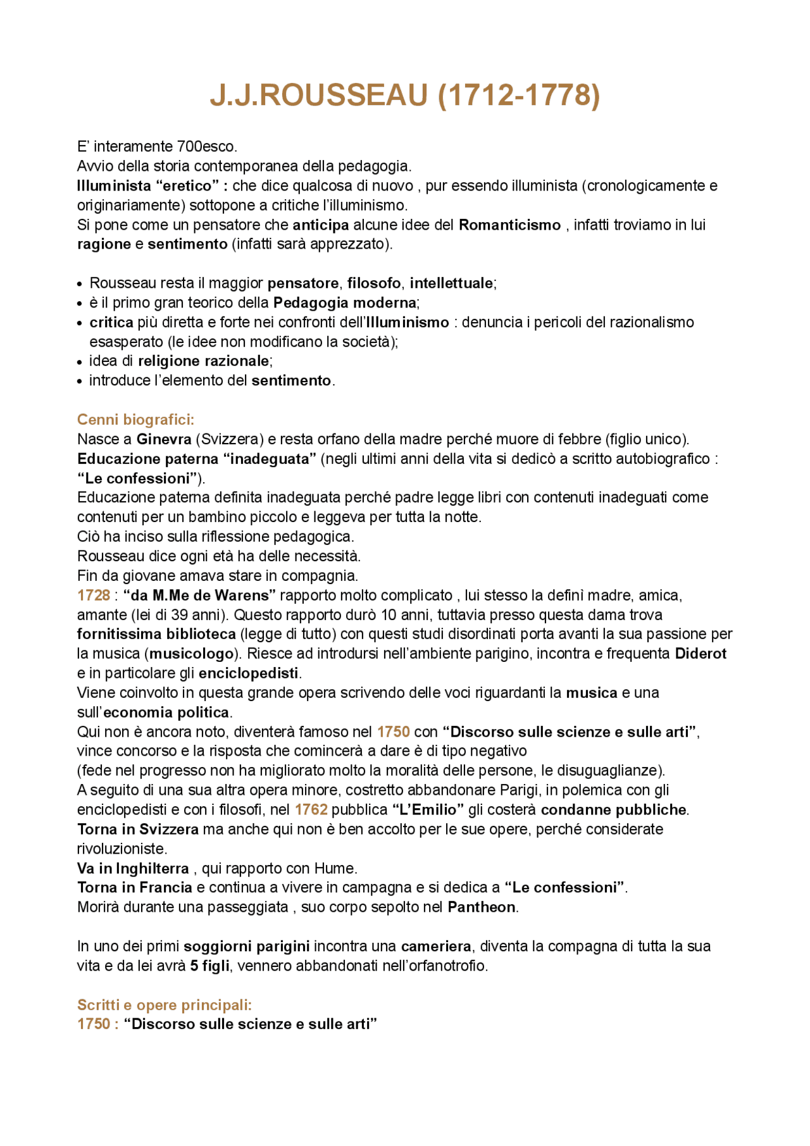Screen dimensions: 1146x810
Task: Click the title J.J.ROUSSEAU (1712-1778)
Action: coord(404,96)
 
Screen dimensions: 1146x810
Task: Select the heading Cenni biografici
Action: coord(135,420)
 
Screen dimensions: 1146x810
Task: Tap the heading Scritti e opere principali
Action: coord(165,1005)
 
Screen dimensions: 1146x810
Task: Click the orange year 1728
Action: coord(94,595)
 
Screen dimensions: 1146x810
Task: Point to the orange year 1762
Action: coord(311,810)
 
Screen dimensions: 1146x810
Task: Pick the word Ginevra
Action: coord(164,439)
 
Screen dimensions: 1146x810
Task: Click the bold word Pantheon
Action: coord(482,907)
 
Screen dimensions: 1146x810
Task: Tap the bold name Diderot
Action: coord(701,654)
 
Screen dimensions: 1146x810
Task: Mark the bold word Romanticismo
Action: coord(509,225)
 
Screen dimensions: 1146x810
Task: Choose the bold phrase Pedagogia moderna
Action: coord(345,302)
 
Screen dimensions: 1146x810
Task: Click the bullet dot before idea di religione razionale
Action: coord(80,363)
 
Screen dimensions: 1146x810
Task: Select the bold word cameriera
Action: coord(436,947)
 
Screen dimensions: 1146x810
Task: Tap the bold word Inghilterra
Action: coord(153,868)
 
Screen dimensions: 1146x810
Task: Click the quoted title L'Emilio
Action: coord(428,810)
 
